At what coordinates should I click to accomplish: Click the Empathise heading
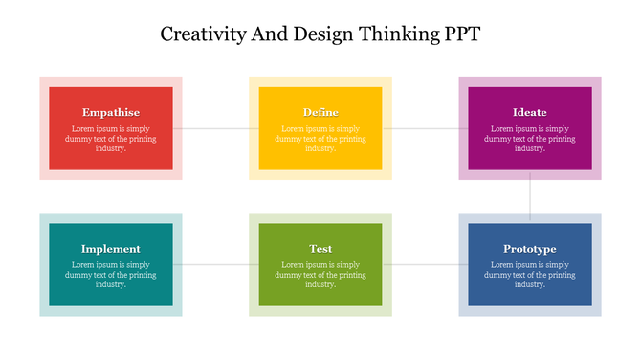[x=111, y=112]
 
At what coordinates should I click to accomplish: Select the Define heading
[x=320, y=112]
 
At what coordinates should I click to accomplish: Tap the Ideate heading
[x=529, y=112]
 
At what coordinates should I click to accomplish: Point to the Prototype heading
[x=529, y=249]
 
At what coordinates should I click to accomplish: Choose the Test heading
[x=320, y=249]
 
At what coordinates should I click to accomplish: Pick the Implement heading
[x=111, y=249]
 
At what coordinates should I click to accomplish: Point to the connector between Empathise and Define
[x=215, y=128]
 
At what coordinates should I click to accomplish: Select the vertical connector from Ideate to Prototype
[x=530, y=196]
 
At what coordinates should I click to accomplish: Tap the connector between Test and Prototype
[x=425, y=264]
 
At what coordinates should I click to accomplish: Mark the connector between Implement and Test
[x=215, y=264]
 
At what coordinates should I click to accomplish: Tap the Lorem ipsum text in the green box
[x=320, y=275]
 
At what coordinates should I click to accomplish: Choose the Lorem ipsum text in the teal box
[x=111, y=275]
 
